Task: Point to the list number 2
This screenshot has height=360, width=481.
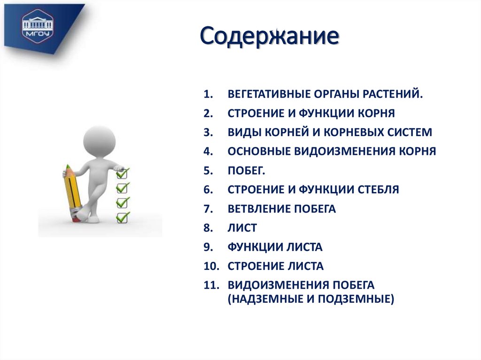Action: (209, 113)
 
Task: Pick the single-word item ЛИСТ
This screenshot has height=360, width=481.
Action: (242, 228)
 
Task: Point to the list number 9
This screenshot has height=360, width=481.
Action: (209, 247)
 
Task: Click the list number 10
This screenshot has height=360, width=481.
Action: (211, 267)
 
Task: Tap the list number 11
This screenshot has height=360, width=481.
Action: (211, 285)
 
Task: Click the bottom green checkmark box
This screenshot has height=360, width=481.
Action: (122, 217)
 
